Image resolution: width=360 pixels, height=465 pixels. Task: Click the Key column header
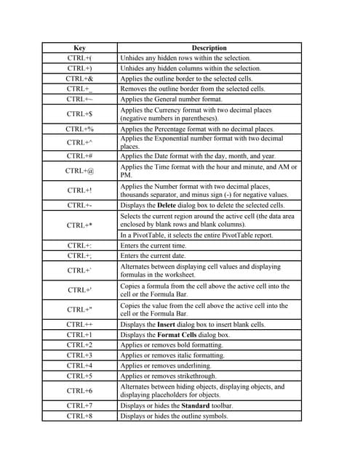tap(79, 48)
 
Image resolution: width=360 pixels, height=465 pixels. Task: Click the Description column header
tap(209, 48)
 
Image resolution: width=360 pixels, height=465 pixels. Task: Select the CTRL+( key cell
tap(79, 57)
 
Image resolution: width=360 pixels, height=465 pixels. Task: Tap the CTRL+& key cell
tap(79, 78)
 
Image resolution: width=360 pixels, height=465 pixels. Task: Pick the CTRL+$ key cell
tap(79, 114)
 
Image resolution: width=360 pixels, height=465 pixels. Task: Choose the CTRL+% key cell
tap(79, 129)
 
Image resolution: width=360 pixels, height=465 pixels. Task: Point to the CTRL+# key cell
tap(79, 155)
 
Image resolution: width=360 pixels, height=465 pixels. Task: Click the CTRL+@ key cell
tap(79, 171)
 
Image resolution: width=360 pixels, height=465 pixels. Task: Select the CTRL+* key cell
tap(79, 225)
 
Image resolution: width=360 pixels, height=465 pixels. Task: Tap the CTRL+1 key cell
tap(79, 335)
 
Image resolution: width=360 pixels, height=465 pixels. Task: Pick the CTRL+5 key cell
tap(79, 376)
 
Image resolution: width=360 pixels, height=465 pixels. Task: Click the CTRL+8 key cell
tap(79, 416)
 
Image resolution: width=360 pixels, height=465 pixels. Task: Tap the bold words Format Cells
tap(177, 335)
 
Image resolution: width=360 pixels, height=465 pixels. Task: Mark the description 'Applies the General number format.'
tap(172, 99)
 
